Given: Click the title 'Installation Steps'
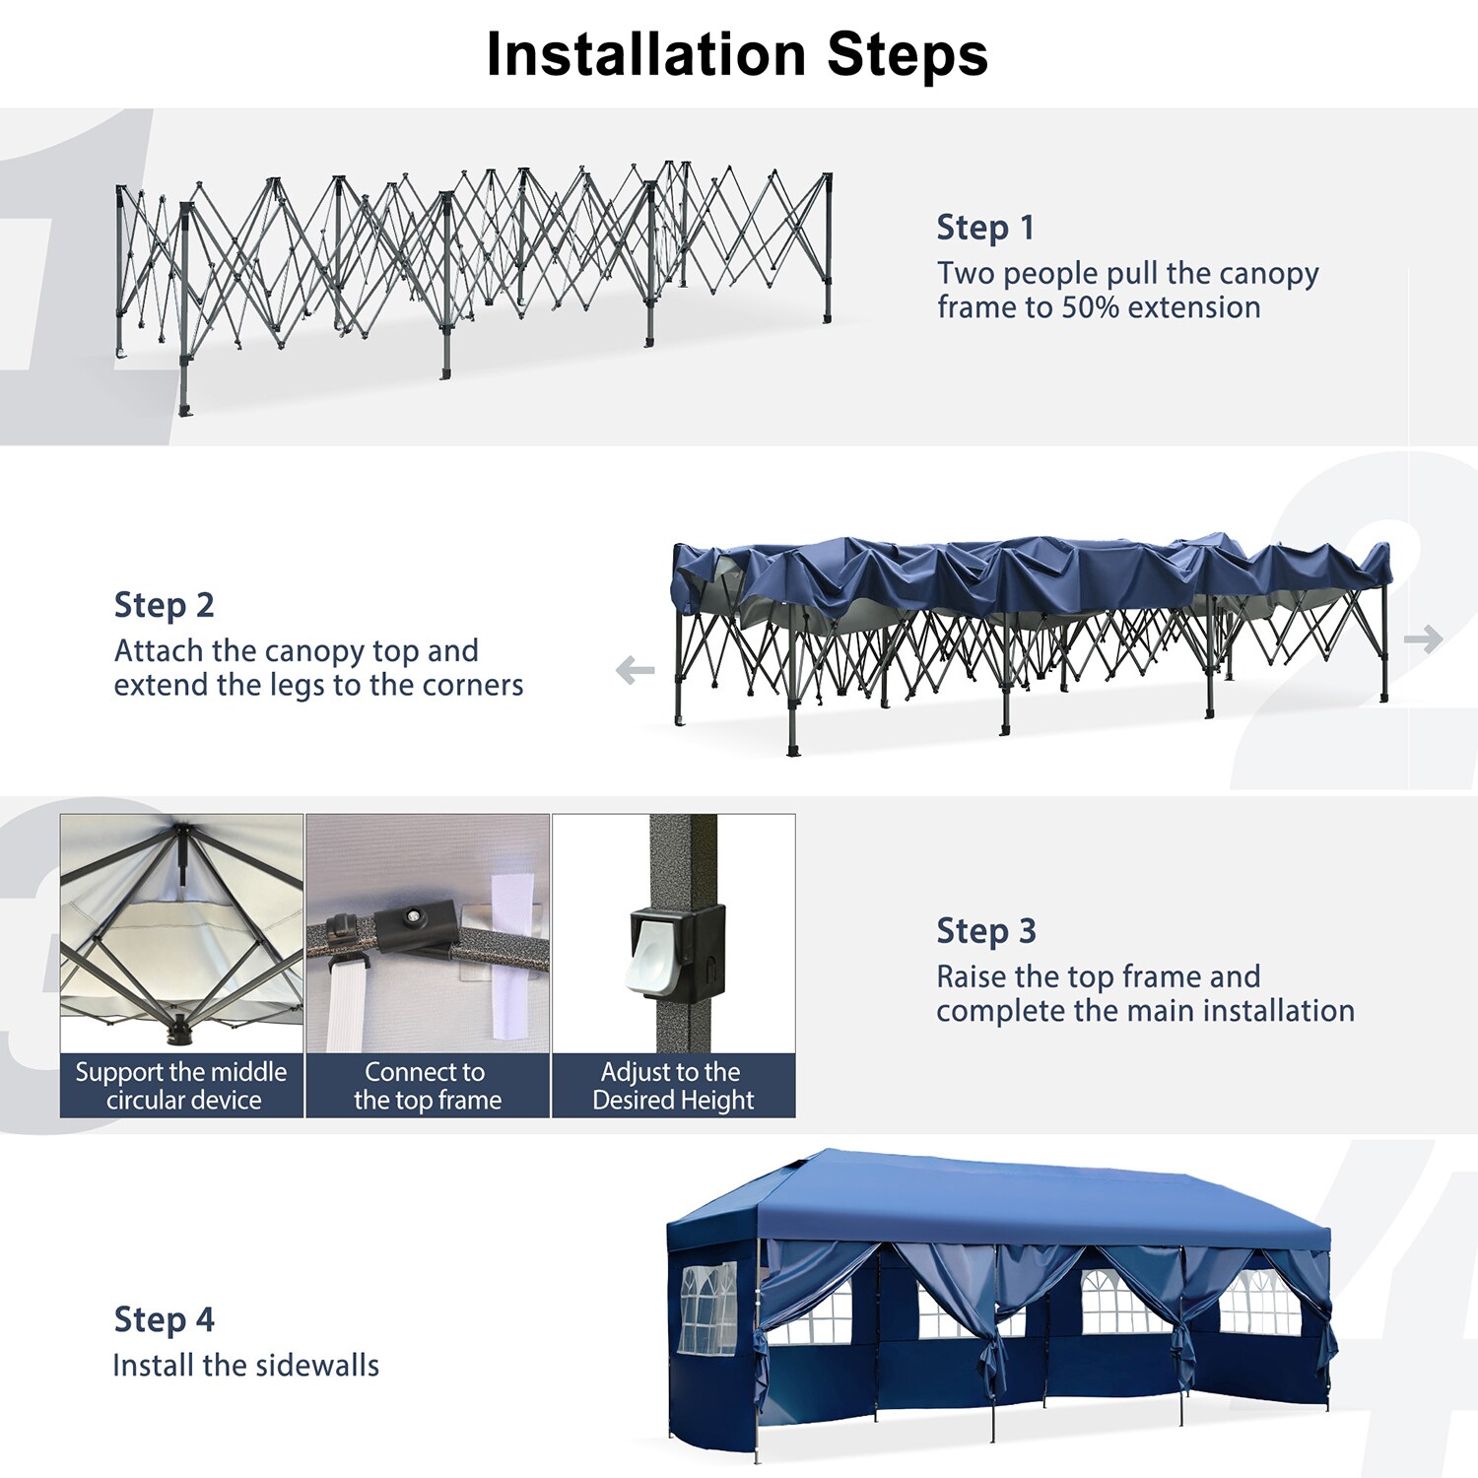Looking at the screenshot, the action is click(x=737, y=54).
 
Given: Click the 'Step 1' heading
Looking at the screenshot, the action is click(x=985, y=228).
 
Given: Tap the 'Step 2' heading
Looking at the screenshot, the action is click(x=164, y=605).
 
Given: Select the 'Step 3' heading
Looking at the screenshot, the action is click(x=986, y=931).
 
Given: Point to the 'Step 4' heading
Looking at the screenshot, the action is click(x=164, y=1319).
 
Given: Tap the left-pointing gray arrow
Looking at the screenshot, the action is click(x=635, y=671).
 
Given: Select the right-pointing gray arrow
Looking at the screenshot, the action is click(x=1424, y=639).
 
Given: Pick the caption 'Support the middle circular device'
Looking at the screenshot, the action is click(x=181, y=1086).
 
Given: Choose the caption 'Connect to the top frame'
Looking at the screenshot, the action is click(x=428, y=1086).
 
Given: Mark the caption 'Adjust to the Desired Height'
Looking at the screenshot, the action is click(x=673, y=1086).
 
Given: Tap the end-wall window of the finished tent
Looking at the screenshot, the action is click(x=708, y=1308).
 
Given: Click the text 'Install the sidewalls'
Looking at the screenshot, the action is click(x=246, y=1366).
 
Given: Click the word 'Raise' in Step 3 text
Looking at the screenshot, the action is click(x=972, y=976).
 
